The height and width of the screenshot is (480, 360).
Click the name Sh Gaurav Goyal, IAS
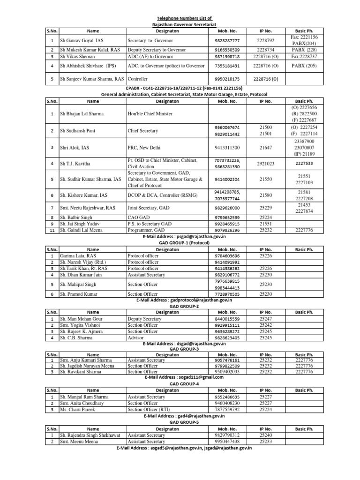tap(81, 41)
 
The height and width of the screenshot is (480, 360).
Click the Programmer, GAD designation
tap(146, 230)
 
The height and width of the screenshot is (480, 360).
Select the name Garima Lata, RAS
tap(78, 256)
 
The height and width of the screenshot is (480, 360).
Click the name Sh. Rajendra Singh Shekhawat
tap(90, 435)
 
